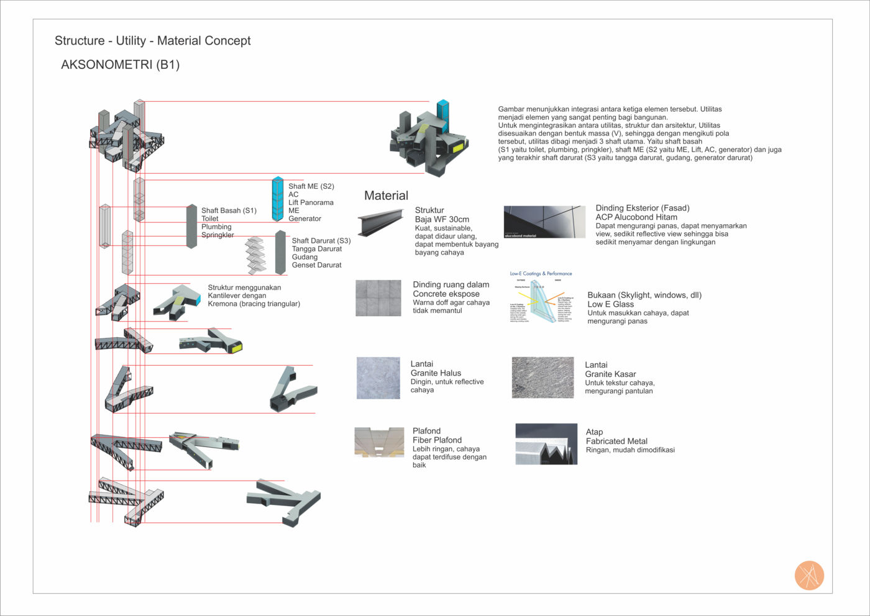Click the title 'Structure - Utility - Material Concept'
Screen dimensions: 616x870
152,41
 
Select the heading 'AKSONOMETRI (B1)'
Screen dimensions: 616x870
120,65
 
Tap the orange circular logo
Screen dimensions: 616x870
809,575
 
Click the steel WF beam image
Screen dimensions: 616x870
380,222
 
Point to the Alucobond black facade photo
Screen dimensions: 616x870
544,222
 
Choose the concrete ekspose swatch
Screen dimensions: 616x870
378,298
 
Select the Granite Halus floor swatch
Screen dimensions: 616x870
378,378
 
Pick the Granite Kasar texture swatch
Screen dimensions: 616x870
543,378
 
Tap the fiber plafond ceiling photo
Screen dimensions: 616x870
379,442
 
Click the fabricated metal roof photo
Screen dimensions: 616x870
546,444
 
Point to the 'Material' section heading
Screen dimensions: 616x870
386,196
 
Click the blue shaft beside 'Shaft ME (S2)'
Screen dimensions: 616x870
278,199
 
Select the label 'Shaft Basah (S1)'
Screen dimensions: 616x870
229,211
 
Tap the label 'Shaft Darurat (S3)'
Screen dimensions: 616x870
321,241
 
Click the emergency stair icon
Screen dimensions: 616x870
255,255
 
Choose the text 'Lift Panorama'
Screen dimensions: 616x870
311,202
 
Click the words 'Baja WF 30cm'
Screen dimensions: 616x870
442,219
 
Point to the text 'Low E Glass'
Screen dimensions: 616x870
610,304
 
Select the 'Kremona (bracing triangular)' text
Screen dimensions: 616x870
254,304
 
